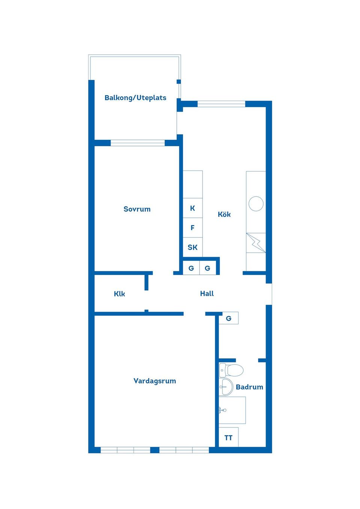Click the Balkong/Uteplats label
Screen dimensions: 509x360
coord(135,98)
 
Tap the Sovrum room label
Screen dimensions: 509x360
coord(137,209)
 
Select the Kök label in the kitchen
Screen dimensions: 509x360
coord(224,214)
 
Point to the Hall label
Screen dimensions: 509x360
coord(207,293)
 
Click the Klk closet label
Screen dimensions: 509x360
coord(119,294)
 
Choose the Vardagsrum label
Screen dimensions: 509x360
coord(154,381)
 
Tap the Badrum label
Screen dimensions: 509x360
coord(249,387)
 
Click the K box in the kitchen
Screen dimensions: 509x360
coord(192,208)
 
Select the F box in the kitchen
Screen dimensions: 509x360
coord(192,228)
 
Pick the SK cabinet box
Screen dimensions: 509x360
coord(192,247)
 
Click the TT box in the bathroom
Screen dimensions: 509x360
coord(228,437)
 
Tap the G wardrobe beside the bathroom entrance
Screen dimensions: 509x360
coord(228,318)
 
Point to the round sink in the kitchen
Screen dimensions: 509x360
coord(256,204)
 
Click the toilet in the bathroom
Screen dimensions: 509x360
coord(232,370)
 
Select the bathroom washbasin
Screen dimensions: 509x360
coord(226,387)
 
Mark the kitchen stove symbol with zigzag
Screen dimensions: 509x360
coord(256,243)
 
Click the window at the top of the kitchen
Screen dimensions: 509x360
coord(221,104)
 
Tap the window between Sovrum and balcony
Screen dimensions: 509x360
coord(138,143)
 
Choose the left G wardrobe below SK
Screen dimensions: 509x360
coord(191,268)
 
